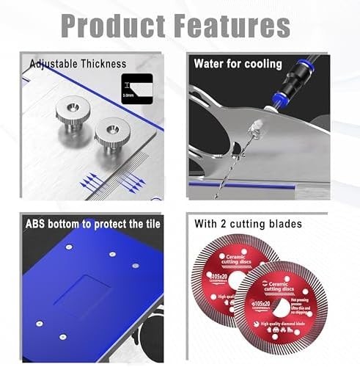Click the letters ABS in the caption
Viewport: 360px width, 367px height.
[x=38, y=223]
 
